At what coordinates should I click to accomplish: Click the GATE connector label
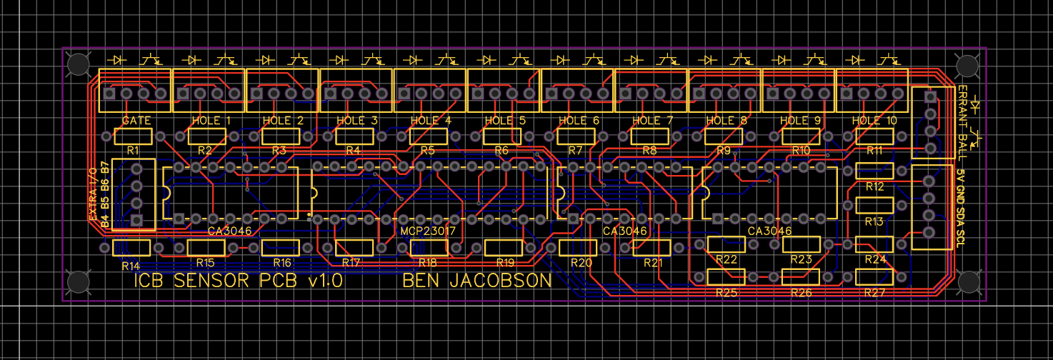tap(136, 121)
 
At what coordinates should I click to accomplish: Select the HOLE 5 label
tap(504, 121)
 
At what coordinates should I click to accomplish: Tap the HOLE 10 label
tap(874, 121)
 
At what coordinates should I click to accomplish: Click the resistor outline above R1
tap(133, 136)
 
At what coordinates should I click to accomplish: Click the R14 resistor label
tap(131, 266)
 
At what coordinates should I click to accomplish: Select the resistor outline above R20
tap(577, 247)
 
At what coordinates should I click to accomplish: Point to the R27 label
tap(875, 293)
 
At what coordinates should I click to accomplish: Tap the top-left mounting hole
tap(77, 65)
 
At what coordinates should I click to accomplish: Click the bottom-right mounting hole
tap(968, 282)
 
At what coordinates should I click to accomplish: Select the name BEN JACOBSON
tap(477, 281)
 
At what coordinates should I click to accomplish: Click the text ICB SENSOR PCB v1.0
tap(239, 281)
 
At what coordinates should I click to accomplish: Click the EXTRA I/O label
tap(92, 194)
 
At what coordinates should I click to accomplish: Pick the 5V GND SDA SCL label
tap(961, 204)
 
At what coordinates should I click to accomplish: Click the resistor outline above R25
tap(726, 276)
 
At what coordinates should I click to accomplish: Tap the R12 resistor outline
tap(874, 171)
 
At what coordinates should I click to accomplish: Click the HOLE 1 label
tap(211, 121)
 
